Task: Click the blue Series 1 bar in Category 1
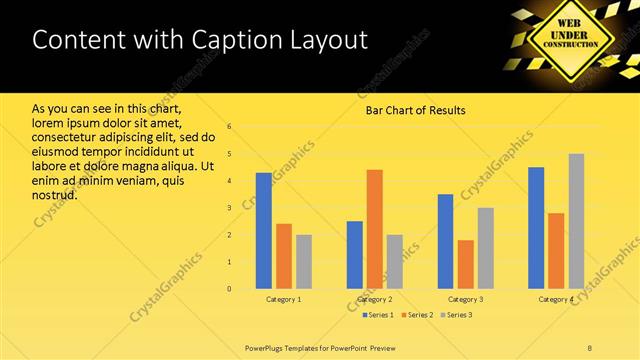click(264, 231)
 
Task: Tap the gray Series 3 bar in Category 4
click(576, 221)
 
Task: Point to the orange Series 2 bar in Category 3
click(465, 264)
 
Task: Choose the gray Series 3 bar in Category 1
click(304, 262)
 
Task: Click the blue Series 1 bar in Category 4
click(536, 228)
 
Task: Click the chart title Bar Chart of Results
click(415, 110)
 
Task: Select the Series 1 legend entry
click(377, 315)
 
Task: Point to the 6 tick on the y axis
click(230, 127)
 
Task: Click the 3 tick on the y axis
click(230, 208)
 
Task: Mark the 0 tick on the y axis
click(230, 289)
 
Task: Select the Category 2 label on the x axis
click(375, 299)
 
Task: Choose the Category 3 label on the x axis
click(465, 299)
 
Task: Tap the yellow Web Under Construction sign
click(572, 38)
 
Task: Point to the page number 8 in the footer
click(590, 347)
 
